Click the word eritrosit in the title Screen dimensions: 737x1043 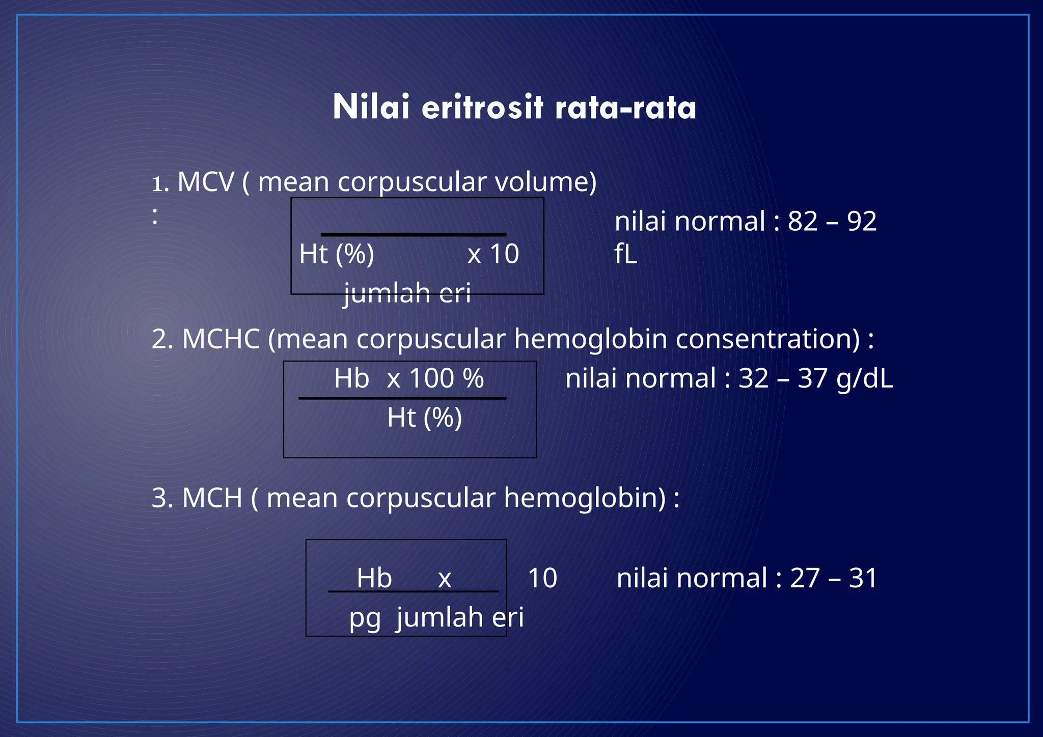(x=482, y=107)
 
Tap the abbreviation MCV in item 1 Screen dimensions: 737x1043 (x=206, y=182)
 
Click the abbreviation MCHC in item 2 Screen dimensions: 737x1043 (x=221, y=339)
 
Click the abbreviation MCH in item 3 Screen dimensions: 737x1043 (x=212, y=498)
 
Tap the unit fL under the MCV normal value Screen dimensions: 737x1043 (x=626, y=254)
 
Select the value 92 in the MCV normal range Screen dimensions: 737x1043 (x=862, y=222)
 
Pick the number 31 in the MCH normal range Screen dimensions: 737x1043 (x=863, y=579)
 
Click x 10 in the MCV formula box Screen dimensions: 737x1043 (x=493, y=254)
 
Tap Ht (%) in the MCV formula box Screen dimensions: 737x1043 (x=337, y=254)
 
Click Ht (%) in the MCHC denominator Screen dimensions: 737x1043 (x=424, y=418)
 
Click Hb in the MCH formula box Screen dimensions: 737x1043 (x=374, y=579)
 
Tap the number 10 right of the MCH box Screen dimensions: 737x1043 (x=542, y=579)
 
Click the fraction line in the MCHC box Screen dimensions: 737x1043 (x=402, y=398)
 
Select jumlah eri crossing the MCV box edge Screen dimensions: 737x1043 (x=407, y=293)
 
